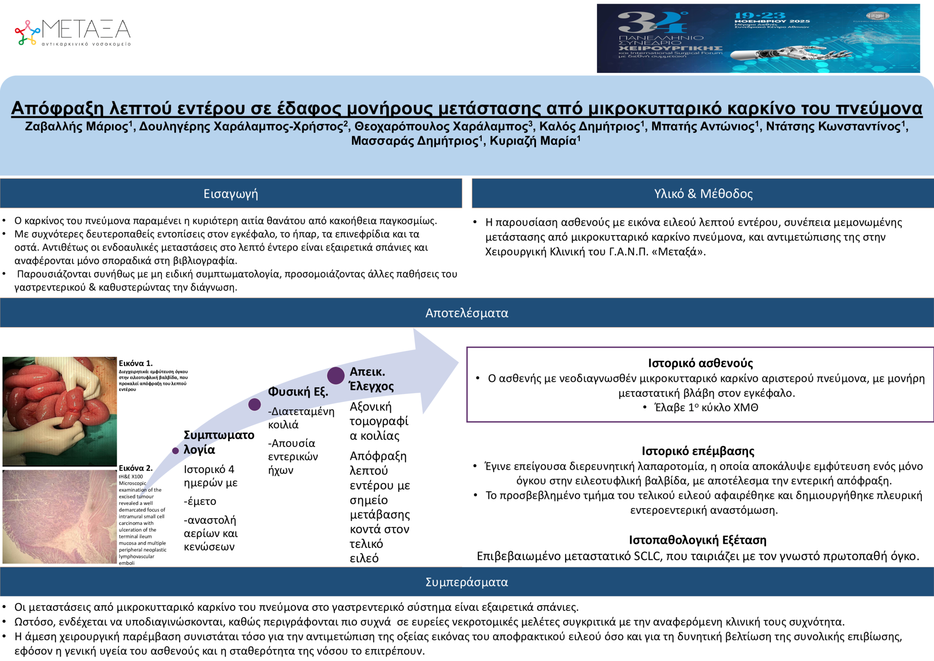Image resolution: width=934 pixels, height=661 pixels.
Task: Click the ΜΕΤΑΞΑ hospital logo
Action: (73, 32)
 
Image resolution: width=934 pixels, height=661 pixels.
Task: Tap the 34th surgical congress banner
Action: (758, 38)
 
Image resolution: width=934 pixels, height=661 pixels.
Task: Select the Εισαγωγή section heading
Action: (231, 194)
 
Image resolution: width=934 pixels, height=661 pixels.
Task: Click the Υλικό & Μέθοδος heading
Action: (703, 194)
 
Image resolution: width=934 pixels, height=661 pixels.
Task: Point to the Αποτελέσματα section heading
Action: (467, 313)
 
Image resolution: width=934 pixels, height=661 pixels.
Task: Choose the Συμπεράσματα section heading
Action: (467, 582)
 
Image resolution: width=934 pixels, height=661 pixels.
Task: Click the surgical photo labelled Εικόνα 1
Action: (59, 411)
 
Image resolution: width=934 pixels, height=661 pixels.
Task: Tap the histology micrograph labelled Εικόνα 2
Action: (59, 517)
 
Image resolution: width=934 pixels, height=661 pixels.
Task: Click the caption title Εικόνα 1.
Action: (135, 364)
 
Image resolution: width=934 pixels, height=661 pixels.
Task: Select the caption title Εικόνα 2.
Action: (135, 468)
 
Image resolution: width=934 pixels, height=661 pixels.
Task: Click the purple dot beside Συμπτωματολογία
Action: (176, 451)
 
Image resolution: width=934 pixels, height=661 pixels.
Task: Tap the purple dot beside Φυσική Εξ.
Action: (254, 404)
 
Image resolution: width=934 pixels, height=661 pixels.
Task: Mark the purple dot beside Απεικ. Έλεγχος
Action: (336, 375)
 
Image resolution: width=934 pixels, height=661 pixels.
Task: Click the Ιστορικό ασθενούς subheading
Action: (700, 363)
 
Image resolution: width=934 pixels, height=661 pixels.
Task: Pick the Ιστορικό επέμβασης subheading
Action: (698, 451)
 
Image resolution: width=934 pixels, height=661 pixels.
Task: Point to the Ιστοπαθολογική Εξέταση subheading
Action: (697, 540)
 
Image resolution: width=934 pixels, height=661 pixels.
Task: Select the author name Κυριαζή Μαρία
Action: (533, 141)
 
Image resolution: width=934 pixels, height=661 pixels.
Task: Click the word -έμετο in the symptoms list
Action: (200, 501)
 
